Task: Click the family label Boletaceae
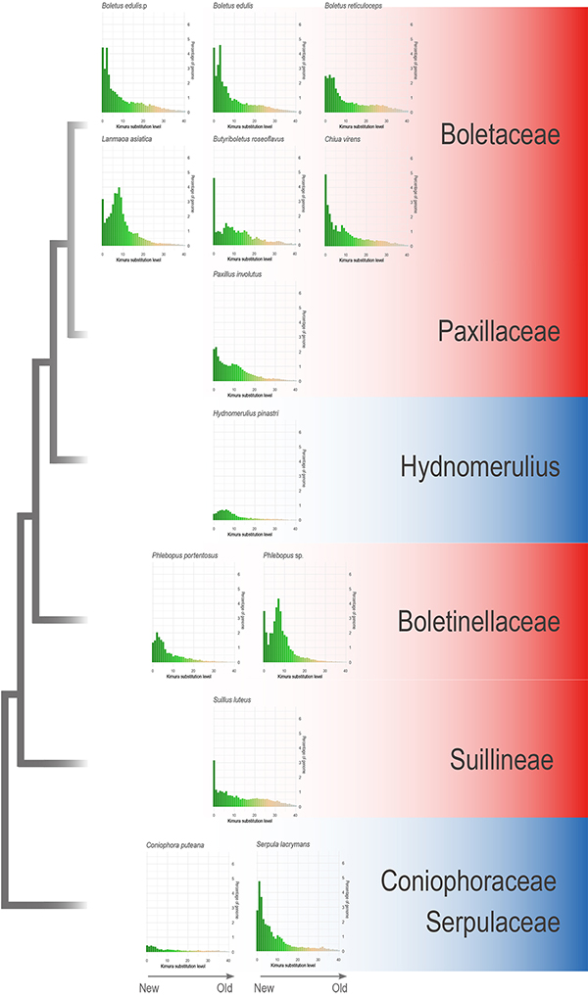[500, 134]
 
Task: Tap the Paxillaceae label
[500, 332]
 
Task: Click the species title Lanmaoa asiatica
[125, 140]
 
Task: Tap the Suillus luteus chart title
[231, 700]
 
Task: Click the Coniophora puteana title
[172, 844]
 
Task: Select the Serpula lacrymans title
[284, 844]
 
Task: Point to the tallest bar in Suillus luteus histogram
[215, 784]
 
